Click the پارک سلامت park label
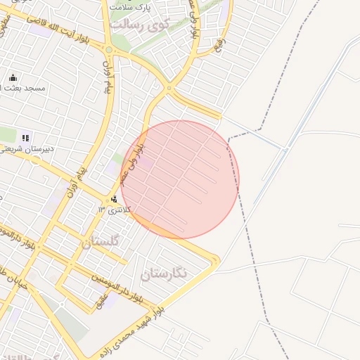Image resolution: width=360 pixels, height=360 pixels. point(131,6)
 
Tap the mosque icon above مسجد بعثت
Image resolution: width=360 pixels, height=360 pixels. point(13,77)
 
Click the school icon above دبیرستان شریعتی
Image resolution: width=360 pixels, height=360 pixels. point(26,138)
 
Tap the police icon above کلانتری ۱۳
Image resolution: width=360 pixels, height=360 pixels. point(115,199)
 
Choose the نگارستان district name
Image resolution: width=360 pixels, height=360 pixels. point(164,273)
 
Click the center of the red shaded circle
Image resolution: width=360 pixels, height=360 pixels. point(180,179)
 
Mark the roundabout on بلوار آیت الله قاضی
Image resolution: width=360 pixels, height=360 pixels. point(108,49)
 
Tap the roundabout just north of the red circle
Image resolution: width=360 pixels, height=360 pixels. point(169,89)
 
